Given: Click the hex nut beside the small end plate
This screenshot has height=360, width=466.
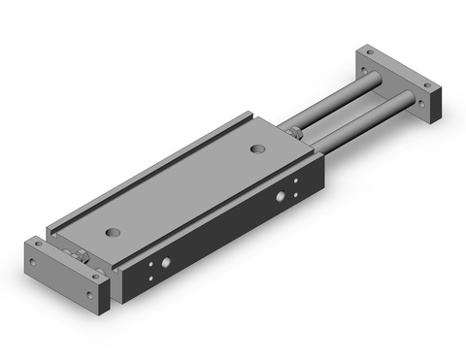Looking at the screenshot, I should [x=85, y=257].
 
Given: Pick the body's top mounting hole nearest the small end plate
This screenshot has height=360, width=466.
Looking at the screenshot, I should [x=116, y=232].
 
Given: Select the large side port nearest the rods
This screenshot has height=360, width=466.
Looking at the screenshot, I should [x=282, y=197].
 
